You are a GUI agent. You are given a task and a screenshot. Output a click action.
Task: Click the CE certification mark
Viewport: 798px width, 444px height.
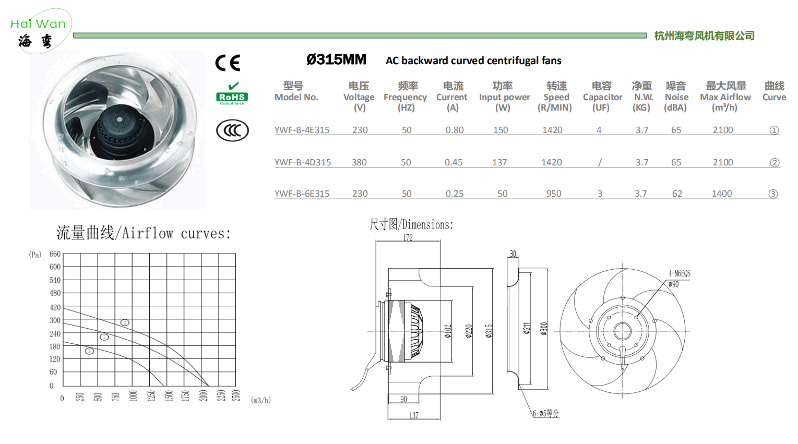(x=228, y=63)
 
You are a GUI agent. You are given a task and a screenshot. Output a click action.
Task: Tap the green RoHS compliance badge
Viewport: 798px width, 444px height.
(x=232, y=93)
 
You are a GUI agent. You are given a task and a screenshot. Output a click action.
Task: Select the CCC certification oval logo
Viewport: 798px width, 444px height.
(x=232, y=130)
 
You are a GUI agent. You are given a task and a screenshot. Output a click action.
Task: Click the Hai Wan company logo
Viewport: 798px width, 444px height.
(x=40, y=31)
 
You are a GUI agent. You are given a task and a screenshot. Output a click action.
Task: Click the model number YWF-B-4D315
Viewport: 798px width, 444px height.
(x=303, y=162)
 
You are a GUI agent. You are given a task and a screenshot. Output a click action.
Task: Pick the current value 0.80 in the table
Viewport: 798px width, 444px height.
(x=455, y=130)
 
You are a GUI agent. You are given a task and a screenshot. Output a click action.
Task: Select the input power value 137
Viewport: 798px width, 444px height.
(x=499, y=162)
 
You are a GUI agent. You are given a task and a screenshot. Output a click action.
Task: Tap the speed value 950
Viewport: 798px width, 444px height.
(x=554, y=194)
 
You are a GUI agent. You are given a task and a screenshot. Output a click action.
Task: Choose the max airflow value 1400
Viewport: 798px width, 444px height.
(x=722, y=194)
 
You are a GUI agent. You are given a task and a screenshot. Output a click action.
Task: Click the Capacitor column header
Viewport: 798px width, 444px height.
(x=602, y=97)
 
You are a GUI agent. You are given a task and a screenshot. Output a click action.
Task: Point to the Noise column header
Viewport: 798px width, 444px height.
(x=676, y=97)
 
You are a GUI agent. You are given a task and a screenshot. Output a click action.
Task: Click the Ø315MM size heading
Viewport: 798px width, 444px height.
(x=336, y=59)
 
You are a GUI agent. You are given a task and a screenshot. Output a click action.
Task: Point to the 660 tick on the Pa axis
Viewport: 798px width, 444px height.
(x=55, y=254)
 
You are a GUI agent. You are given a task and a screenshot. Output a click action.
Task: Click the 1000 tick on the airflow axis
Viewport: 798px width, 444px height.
(x=133, y=395)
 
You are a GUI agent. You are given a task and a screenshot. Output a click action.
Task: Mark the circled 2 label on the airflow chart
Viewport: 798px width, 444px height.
(x=125, y=322)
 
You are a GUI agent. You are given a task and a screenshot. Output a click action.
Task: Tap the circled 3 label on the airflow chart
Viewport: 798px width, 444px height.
(x=89, y=351)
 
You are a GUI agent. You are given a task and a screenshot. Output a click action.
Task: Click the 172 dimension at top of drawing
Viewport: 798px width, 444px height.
(x=408, y=237)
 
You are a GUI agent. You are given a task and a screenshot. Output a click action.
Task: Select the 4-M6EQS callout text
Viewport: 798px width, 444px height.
(x=680, y=273)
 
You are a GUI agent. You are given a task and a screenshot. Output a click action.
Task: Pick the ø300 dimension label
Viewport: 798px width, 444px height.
(x=544, y=329)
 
